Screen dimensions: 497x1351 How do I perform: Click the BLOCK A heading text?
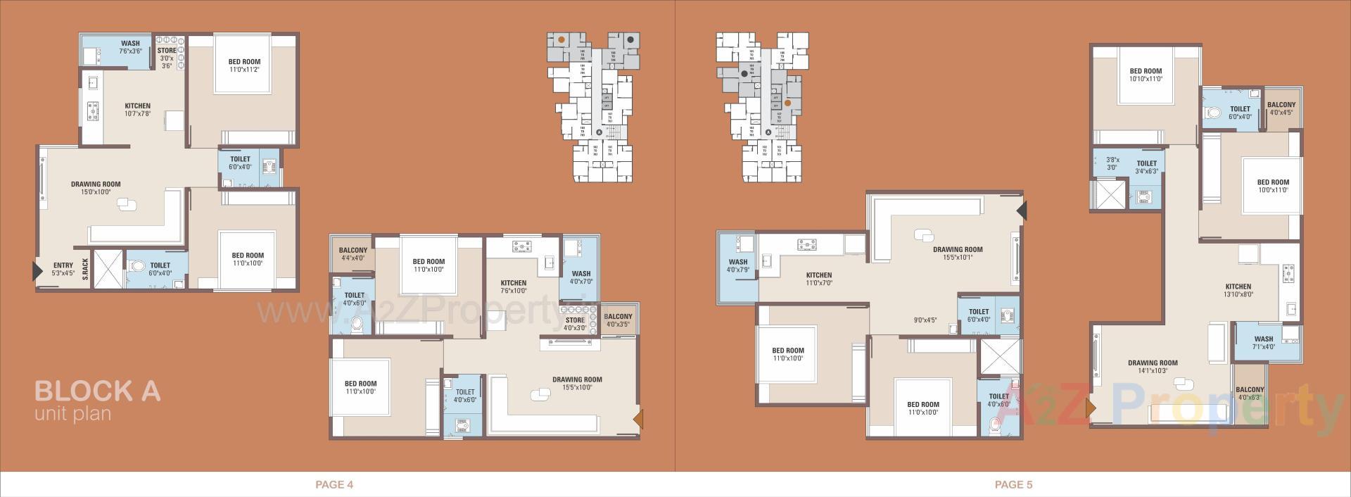point(97,391)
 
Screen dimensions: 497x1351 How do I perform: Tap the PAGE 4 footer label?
point(334,484)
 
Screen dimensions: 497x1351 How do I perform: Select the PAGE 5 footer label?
point(1013,484)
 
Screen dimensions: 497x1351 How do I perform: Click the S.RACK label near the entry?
point(85,269)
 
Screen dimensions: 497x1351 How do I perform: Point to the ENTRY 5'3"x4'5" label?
point(63,269)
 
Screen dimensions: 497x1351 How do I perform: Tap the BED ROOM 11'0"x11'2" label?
point(244,65)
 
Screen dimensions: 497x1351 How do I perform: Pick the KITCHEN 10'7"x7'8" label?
point(138,110)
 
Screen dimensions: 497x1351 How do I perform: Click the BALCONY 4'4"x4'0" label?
point(353,253)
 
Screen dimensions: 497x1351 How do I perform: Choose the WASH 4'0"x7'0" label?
point(581,277)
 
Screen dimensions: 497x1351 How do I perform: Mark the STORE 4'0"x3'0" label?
point(575,324)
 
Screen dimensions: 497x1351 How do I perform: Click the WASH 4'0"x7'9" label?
point(738,265)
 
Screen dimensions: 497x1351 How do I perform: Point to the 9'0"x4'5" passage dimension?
point(925,320)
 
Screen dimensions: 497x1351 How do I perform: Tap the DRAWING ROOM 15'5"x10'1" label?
point(958,253)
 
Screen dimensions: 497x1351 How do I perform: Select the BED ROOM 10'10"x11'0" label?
point(1146,75)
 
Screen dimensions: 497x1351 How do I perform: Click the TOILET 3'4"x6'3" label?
point(1146,167)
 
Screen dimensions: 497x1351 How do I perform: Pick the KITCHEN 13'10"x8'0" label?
point(1238,290)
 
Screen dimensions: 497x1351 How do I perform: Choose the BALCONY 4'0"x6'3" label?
point(1250,393)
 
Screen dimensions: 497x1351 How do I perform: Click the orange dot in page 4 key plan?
point(561,39)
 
